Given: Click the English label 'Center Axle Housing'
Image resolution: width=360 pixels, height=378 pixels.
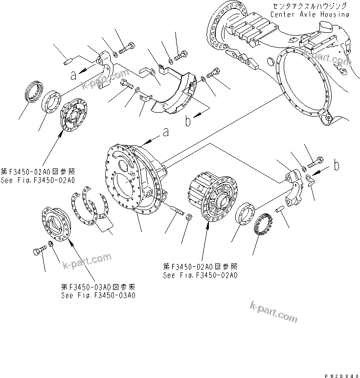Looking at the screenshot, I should coord(310,15).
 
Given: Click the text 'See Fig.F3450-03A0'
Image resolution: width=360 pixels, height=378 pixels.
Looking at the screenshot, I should coord(98,295).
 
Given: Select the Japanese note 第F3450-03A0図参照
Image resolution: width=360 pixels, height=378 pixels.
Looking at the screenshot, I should coord(98,287).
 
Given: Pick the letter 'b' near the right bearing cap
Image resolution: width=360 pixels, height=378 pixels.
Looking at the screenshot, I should coord(337,166).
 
